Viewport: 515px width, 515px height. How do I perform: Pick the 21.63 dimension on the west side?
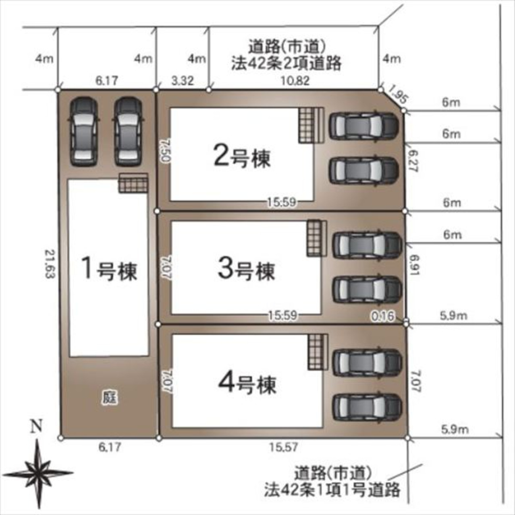(50, 264)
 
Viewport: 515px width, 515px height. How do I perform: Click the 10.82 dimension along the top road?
(296, 80)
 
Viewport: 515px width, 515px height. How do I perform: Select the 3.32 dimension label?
(182, 80)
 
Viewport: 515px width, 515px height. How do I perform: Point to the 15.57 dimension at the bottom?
(284, 447)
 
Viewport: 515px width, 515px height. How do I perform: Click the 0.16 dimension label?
(383, 316)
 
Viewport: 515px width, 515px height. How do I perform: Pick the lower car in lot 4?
(367, 407)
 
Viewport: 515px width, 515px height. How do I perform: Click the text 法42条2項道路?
(286, 64)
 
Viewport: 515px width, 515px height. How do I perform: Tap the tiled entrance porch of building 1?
(133, 183)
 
